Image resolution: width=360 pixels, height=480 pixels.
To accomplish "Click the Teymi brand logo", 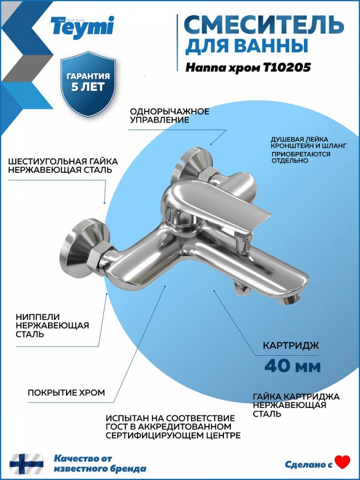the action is click(x=82, y=26).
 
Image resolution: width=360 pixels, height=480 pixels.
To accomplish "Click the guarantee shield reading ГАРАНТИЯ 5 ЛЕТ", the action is click(x=88, y=84).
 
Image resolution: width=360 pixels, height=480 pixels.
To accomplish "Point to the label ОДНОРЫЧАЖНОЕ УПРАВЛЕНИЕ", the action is click(x=170, y=115).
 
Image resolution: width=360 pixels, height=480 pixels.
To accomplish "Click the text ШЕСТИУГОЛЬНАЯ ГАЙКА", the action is click(x=63, y=161).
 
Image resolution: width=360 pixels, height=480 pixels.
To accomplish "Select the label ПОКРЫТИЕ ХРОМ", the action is click(x=67, y=393).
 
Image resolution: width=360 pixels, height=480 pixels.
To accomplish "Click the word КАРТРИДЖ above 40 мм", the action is click(x=291, y=346).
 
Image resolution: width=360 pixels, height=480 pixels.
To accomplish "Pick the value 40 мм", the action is click(x=293, y=366).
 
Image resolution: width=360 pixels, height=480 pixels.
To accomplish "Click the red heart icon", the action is click(x=342, y=462).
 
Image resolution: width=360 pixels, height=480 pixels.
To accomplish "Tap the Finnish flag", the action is click(x=26, y=464).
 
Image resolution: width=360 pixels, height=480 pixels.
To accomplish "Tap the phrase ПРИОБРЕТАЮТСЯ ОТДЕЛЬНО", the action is click(x=301, y=157).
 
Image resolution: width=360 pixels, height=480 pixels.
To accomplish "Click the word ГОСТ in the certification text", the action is click(x=116, y=427).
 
